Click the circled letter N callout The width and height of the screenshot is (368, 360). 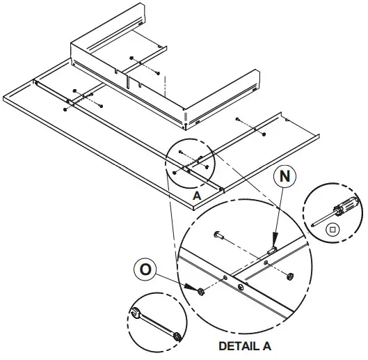click(285, 176)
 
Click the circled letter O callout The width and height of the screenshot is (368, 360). click(145, 269)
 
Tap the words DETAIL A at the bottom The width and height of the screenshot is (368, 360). click(245, 346)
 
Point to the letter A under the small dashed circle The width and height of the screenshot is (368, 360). click(197, 196)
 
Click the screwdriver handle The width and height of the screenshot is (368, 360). click(346, 205)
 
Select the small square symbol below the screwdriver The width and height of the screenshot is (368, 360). click(333, 230)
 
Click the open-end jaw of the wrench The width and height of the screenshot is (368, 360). click(135, 313)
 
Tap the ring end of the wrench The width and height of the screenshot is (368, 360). click(177, 337)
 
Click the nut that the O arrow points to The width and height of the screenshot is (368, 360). click(201, 291)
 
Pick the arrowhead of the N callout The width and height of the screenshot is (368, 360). click(274, 238)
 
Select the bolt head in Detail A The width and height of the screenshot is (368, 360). click(217, 235)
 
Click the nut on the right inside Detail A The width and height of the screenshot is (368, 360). click(290, 276)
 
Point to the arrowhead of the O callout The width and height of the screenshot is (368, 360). click(191, 286)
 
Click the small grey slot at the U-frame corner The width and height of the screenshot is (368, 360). click(186, 116)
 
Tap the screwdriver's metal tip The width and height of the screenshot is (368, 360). click(313, 225)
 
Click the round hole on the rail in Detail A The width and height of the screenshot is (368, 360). click(241, 287)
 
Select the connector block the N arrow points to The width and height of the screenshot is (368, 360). click(272, 251)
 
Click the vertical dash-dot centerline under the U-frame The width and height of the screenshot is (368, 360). click(166, 86)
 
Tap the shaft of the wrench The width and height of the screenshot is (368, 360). click(157, 324)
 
